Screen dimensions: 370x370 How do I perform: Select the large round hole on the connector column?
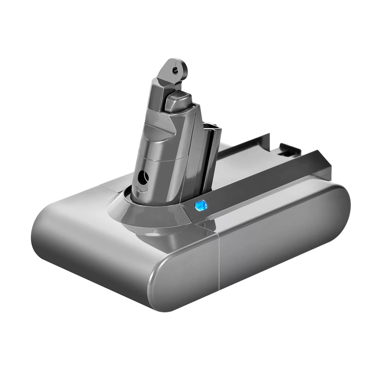143,177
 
